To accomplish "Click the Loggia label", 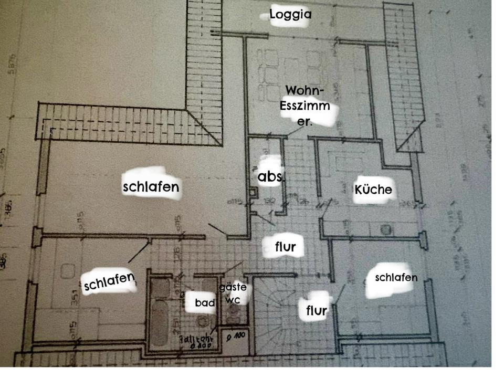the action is (290, 14).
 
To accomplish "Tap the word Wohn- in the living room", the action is (305, 90).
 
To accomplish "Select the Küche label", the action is (373, 189).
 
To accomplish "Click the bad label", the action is (205, 303).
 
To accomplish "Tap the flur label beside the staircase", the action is (317, 310).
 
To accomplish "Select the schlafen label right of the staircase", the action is (396, 278).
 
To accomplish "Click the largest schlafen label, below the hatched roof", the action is (151, 186).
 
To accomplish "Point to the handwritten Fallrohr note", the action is (196, 342).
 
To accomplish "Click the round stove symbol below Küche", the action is (387, 229).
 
